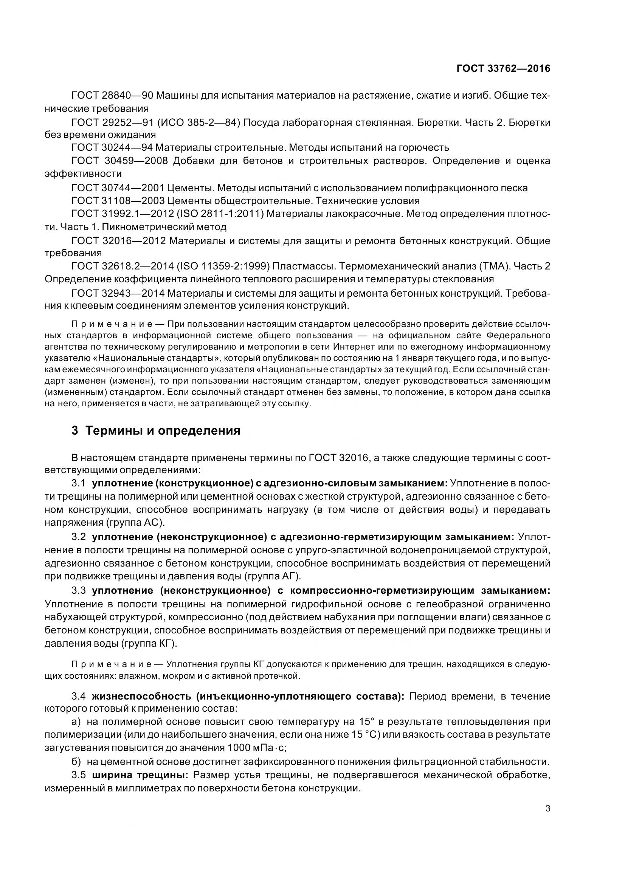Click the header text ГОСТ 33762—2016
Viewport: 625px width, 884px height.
point(503,68)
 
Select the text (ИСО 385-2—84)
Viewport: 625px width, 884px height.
point(199,122)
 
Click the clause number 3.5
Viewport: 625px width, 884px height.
point(79,775)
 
